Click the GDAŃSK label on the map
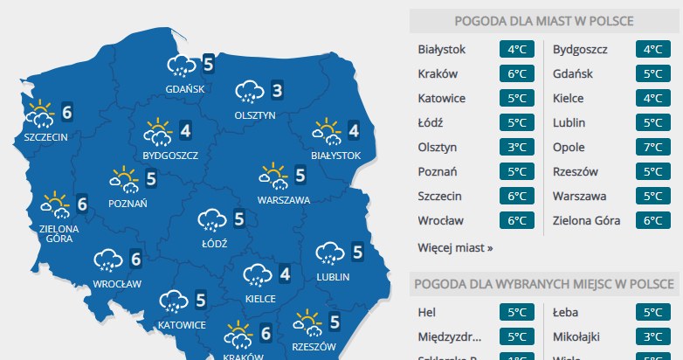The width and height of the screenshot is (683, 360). click(184, 88)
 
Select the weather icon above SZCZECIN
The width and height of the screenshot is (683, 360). click(40, 113)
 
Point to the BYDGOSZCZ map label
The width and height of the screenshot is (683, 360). click(170, 156)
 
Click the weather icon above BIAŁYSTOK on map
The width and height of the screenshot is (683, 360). click(327, 132)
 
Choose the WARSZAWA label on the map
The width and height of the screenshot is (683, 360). click(284, 200)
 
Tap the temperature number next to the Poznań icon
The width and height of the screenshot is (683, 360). click(151, 179)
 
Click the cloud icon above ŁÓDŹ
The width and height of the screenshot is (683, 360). click(212, 220)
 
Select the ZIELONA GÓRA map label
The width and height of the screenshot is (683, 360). click(59, 233)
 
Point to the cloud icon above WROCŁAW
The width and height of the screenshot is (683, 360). click(109, 260)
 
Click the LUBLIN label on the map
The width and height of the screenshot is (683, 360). click(334, 277)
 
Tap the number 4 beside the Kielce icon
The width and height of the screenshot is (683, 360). click(285, 274)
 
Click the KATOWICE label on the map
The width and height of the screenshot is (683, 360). click(182, 325)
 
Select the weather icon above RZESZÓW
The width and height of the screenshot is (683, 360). click(307, 322)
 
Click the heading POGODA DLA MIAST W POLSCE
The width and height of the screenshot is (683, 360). click(544, 21)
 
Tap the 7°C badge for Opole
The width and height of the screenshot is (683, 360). click(652, 147)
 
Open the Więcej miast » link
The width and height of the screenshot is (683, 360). click(455, 247)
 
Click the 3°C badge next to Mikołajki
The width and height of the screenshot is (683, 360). click(652, 336)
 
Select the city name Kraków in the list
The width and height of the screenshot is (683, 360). click(438, 73)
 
